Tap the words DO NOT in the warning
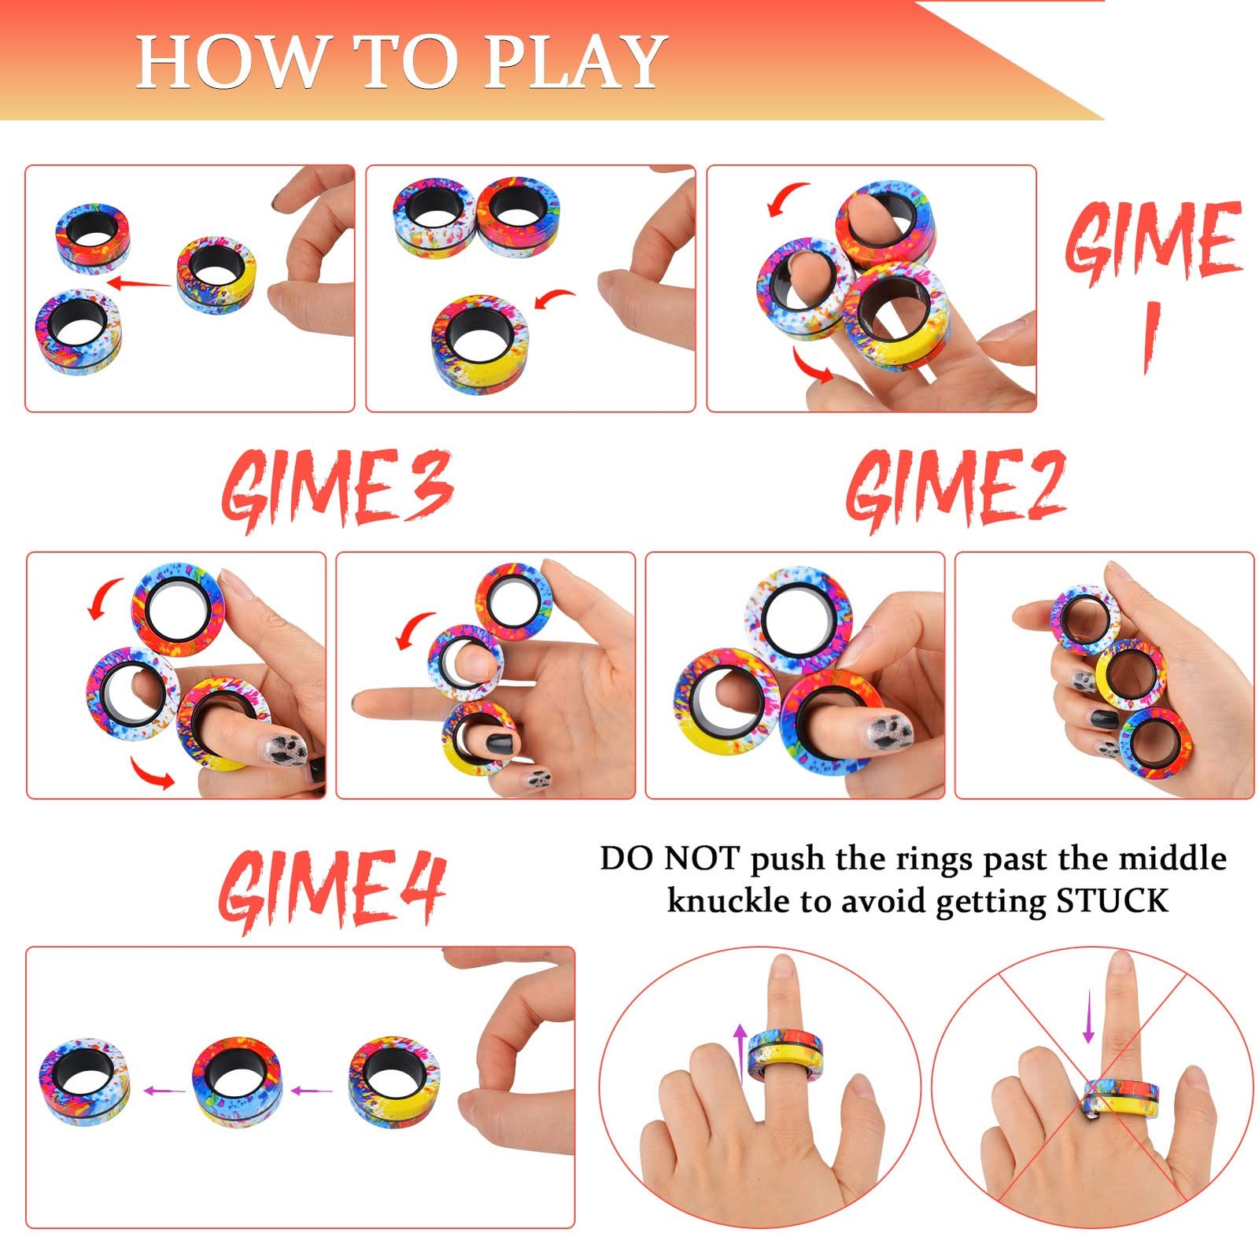click(670, 858)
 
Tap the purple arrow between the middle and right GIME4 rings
click(312, 1091)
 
